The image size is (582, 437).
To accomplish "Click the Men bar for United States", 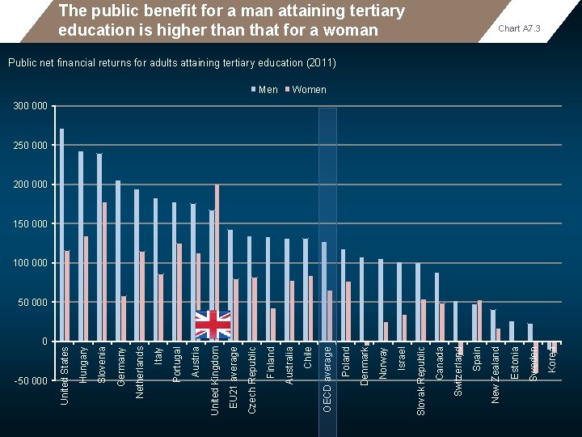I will pos(62,235).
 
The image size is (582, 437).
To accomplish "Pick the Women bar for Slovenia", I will pos(104,271).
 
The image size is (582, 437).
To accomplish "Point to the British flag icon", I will pos(213,325).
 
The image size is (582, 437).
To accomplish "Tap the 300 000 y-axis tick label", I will pos(31,106).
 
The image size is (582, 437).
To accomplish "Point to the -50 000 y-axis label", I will pos(30,380).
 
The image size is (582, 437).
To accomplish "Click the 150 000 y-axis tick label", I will pos(31,223).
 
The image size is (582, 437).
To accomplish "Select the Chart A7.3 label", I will pos(519,29).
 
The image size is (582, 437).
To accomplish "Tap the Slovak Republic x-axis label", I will pos(421,380).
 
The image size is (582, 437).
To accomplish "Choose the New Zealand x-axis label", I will pos(496,373).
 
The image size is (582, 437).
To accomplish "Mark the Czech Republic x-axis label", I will pos(252,380).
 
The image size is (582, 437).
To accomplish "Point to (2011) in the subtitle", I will pos(322,62).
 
